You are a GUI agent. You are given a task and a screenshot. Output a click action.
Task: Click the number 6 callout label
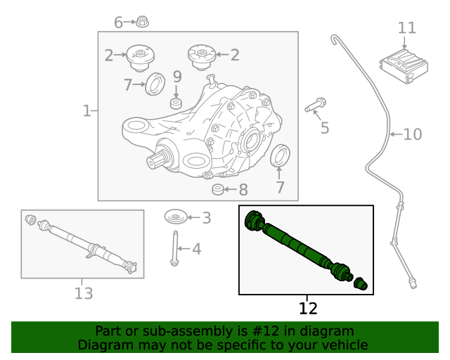(x=118, y=22)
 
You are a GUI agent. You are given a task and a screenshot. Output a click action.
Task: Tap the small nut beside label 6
(x=141, y=21)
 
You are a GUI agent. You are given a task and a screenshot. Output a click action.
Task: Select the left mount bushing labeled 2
(x=139, y=56)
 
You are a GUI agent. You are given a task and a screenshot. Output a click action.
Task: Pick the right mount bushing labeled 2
(x=200, y=56)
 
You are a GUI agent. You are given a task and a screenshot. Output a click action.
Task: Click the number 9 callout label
(x=177, y=76)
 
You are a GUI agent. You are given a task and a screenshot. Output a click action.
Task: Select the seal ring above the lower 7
(x=280, y=156)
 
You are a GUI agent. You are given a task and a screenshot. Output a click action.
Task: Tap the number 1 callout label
(x=86, y=110)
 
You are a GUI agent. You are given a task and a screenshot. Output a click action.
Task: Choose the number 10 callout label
(x=412, y=134)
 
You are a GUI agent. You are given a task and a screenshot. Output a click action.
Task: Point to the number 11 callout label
(x=406, y=28)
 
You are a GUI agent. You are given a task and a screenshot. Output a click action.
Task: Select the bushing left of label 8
(x=218, y=190)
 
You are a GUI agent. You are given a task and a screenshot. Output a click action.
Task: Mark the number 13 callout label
(x=83, y=294)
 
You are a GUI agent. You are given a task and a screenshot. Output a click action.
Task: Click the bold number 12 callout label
(x=308, y=309)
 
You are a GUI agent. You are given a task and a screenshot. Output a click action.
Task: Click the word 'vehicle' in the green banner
(x=340, y=345)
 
